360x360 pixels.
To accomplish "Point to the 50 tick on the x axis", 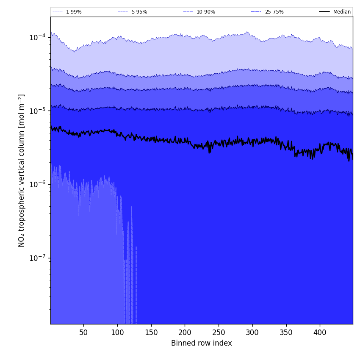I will point(83,332).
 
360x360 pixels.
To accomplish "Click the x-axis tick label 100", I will point(117,332).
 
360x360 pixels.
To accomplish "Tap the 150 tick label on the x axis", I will point(151,332).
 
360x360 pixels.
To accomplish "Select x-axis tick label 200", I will point(185,332).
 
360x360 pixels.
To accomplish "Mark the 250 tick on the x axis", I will point(219,332).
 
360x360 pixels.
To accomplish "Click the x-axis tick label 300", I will point(252,332).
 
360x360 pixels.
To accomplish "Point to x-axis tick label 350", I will point(286,332).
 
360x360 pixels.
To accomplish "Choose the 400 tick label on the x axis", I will point(320,332).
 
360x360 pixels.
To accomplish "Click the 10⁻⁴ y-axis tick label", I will point(37,37).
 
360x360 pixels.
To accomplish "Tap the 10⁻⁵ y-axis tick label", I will point(37,111).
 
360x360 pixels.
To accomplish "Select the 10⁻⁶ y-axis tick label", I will point(37,184).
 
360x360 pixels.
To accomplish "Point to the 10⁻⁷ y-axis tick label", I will point(37,258).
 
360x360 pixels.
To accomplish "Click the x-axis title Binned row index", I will point(202,343).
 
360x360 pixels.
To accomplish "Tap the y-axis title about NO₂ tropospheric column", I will point(22,170).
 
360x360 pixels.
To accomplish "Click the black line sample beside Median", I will point(324,12).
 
